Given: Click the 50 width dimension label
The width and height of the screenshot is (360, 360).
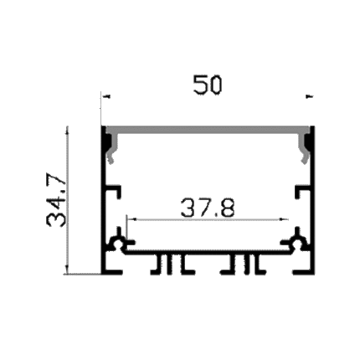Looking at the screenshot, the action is point(208,85).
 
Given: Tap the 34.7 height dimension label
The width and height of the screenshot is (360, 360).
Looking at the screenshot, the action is point(57,201).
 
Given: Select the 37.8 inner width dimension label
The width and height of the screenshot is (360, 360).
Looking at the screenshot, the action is point(208,208).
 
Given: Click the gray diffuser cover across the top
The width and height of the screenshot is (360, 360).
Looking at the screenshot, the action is point(208,129).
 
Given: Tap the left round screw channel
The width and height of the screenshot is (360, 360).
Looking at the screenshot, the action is point(117,242).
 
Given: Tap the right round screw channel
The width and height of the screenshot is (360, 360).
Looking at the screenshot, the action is point(298,242).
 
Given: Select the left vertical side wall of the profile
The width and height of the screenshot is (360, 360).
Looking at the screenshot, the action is point(103,200).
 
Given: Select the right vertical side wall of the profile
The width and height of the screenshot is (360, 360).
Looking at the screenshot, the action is point(312,200).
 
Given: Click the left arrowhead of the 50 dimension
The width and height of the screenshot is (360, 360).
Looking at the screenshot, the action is point(107,96).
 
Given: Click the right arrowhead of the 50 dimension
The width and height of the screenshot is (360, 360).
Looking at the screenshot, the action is point(310,96).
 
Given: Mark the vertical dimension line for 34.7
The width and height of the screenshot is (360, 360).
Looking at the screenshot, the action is point(67,200).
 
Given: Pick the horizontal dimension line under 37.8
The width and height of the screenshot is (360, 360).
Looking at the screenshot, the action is point(208,219).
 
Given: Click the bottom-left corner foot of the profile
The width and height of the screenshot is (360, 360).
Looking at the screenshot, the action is point(111,272).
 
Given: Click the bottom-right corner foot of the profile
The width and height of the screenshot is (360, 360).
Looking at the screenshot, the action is point(304,272).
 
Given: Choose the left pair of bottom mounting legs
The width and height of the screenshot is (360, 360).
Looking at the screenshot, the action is point(172,265).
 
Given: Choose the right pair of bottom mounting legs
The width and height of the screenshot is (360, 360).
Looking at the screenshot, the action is point(244,265).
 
